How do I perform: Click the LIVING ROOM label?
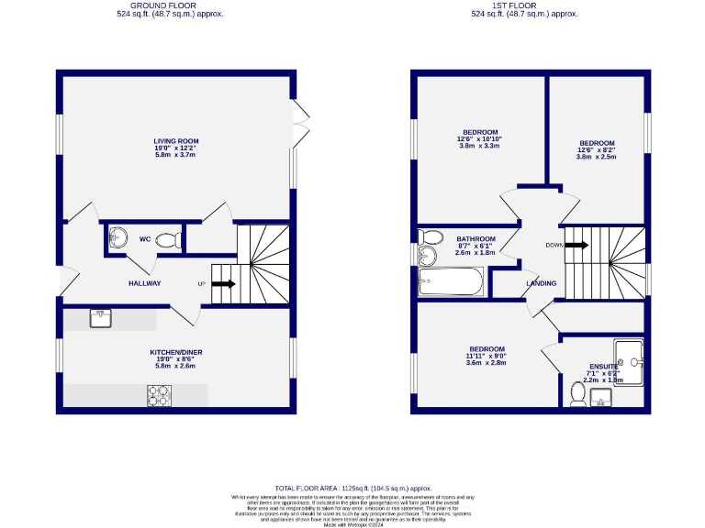175,141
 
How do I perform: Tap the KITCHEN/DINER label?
175,352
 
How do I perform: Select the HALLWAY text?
144,283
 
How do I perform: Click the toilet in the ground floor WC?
167,240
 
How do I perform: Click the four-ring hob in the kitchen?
160,395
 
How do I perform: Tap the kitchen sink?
101,318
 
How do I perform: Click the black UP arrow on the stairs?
223,284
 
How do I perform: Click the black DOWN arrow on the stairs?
576,245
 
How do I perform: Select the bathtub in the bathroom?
451,282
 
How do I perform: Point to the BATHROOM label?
476,239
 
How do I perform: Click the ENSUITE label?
604,366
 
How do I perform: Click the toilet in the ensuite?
578,392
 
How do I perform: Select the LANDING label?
541,283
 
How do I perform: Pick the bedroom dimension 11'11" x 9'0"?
486,357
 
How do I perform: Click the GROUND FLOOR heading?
170,5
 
